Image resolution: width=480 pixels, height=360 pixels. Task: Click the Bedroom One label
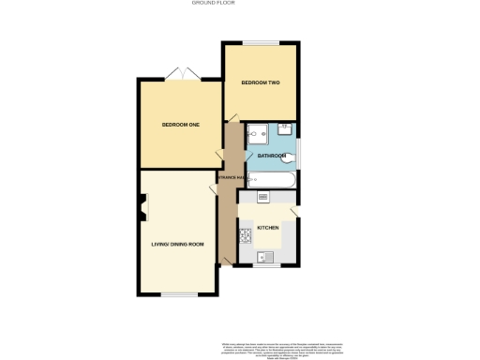coord(180,125)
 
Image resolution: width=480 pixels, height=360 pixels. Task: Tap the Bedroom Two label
coord(260,83)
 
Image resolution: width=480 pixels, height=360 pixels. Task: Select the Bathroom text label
coord(272,155)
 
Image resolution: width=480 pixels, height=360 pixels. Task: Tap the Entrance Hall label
coord(230,177)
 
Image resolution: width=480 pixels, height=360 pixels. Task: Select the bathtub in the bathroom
coord(272,179)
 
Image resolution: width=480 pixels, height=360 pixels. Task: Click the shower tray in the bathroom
coord(259,134)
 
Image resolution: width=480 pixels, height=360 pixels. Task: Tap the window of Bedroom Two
coord(261,42)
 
